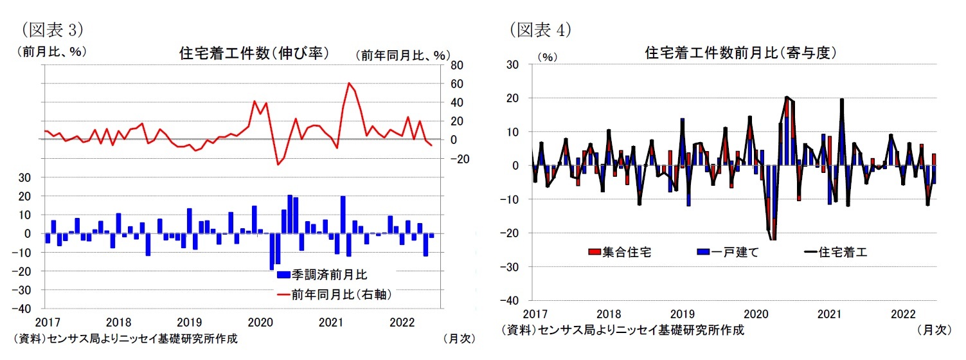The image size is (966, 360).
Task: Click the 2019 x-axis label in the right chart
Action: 682,314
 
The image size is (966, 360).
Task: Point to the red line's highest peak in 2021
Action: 348,83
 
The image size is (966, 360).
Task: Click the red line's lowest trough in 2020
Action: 278,165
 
